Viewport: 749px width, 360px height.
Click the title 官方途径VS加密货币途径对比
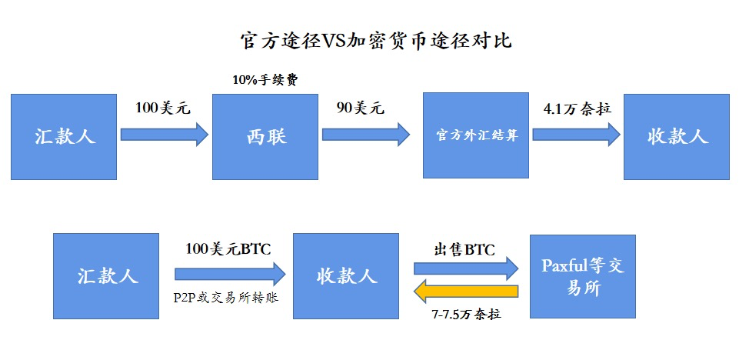click(x=375, y=41)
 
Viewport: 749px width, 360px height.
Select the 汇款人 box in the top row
click(x=64, y=136)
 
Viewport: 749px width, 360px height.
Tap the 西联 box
click(x=265, y=136)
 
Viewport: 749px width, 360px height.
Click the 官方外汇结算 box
click(x=476, y=136)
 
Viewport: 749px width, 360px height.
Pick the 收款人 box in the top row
click(x=676, y=136)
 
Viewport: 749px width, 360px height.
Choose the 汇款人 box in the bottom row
click(x=106, y=275)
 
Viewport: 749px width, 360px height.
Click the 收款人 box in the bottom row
click(x=346, y=275)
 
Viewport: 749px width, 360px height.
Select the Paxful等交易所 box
click(x=582, y=276)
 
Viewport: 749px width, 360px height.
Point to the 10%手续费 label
click(x=265, y=78)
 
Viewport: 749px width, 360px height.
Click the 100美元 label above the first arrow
click(x=162, y=108)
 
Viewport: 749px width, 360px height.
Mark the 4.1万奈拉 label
click(x=577, y=108)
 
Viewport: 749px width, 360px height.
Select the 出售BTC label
click(x=464, y=249)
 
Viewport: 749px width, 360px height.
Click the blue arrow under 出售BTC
click(x=466, y=268)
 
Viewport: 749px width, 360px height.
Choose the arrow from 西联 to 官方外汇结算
click(x=365, y=135)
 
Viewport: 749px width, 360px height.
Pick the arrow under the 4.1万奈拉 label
click(x=576, y=135)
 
